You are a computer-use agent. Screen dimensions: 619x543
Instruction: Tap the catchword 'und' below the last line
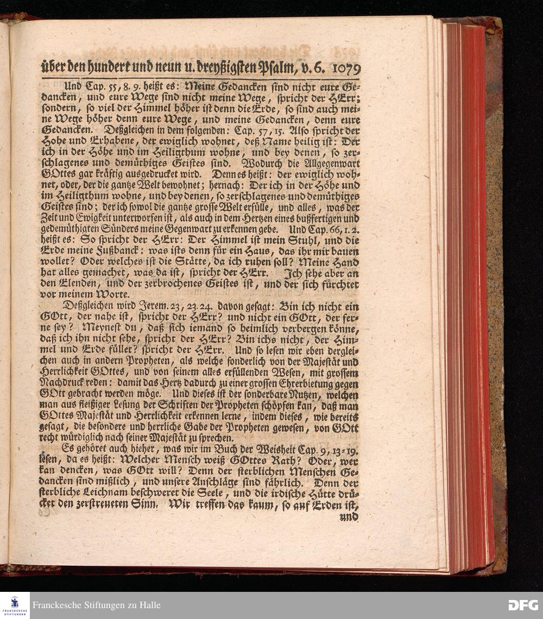(349, 517)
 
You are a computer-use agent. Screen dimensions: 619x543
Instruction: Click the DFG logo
(523, 605)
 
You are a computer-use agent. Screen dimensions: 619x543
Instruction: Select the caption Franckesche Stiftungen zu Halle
(96, 605)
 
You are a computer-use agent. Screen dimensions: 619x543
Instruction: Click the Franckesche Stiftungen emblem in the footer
(15, 605)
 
